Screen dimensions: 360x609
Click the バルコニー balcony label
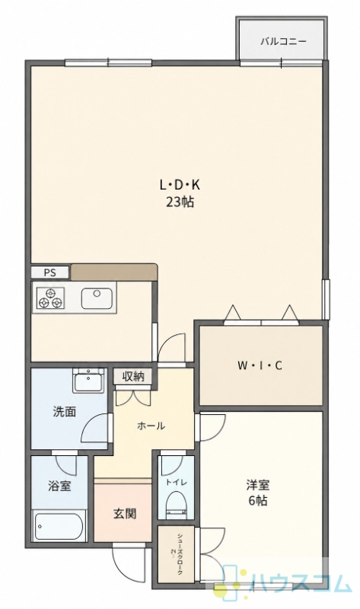[x=283, y=41]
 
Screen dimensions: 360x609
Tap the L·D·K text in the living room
[x=180, y=185]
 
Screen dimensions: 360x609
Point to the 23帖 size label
[x=180, y=202]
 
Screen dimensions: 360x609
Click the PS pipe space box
[x=50, y=273]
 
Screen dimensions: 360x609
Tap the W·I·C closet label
[x=260, y=365]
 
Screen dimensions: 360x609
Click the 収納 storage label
[x=133, y=376]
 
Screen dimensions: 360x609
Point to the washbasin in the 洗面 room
[x=88, y=381]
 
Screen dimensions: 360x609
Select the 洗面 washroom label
[x=64, y=412]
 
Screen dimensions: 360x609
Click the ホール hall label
[x=151, y=426]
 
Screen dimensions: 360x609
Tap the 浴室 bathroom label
[x=59, y=486]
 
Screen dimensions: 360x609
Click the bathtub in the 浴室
[x=59, y=526]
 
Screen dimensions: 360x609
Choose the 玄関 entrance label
[x=125, y=514]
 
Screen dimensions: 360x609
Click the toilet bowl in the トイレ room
[x=177, y=505]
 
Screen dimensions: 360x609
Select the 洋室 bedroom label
[x=258, y=485]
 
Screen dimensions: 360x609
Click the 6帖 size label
[x=258, y=501]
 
